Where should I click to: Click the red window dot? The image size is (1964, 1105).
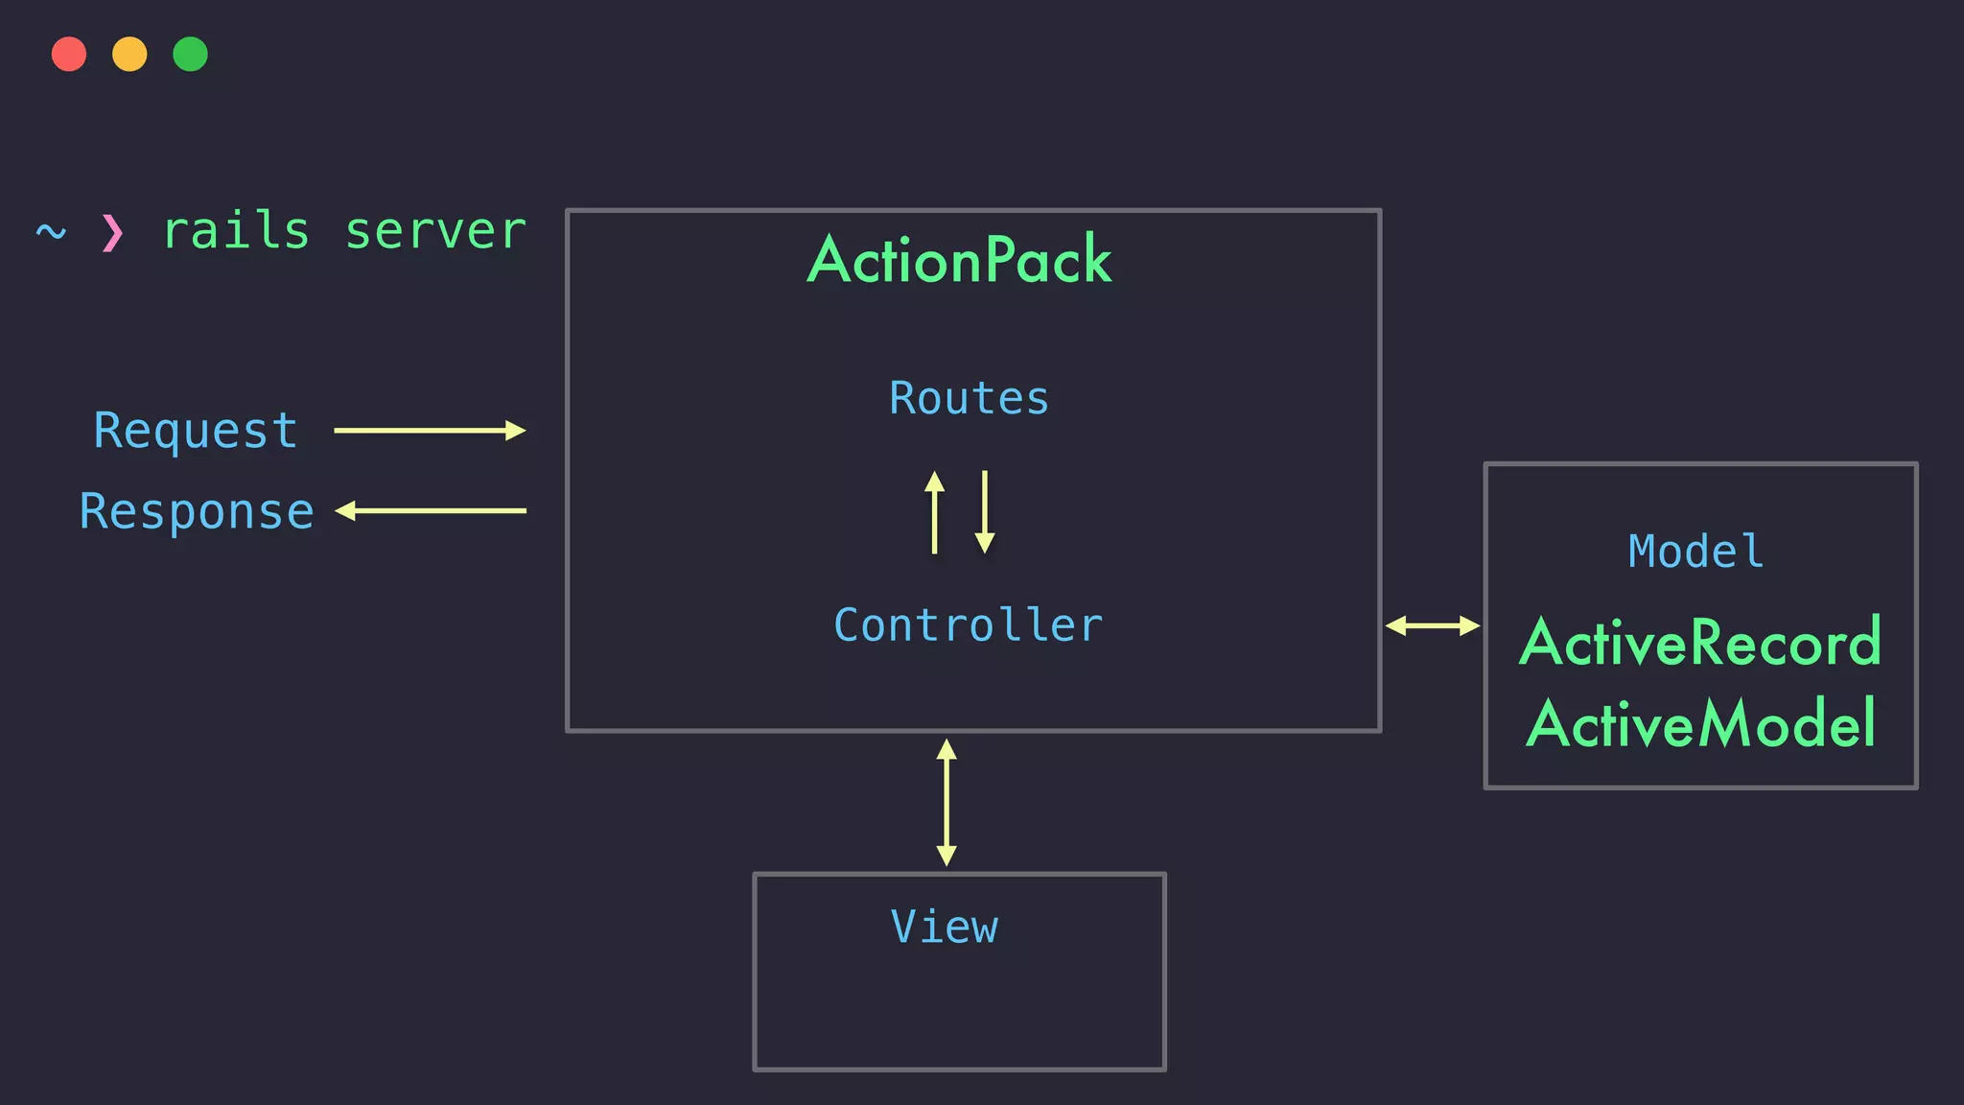69,55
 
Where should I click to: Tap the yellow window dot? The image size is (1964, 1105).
129,55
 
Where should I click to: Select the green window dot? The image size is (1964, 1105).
190,55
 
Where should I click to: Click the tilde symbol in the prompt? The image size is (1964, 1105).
51,231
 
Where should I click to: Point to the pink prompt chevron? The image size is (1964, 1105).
112,232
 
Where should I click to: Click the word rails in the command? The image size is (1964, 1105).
236,231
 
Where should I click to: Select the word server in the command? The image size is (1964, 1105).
435,231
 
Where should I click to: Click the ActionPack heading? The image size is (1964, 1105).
960,260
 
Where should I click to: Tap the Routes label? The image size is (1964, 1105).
969,398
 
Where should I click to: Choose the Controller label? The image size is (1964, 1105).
969,625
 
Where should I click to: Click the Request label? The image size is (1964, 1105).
196,431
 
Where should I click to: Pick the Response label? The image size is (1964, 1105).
197,511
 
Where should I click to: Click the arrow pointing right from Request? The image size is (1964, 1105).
430,431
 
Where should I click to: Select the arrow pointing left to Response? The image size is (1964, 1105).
430,511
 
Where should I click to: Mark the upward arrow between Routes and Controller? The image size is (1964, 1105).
934,512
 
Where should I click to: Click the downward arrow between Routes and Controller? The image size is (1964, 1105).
985,512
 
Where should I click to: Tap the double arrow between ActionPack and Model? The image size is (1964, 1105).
1433,626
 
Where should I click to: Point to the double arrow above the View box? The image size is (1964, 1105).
947,802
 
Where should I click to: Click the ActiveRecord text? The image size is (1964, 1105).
1700,643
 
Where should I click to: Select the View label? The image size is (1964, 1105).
945,927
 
